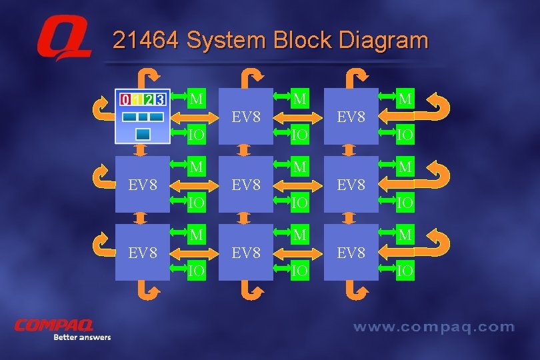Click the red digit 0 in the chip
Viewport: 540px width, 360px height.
tap(125, 100)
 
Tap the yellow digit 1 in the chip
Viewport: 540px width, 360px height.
tap(137, 100)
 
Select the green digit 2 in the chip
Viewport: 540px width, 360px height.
tap(148, 100)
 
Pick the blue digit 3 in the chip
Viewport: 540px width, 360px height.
tap(160, 100)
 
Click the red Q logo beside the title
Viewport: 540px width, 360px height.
tap(63, 41)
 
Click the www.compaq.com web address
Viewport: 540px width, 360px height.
tap(433, 327)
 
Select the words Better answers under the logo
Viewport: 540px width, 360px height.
tap(82, 337)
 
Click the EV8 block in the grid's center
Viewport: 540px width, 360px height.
tap(246, 183)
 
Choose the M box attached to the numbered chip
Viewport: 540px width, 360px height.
tap(196, 99)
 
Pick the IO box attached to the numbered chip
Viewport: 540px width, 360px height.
tap(196, 135)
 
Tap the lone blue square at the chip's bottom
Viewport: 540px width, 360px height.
tap(142, 134)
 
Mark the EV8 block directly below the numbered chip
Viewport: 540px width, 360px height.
tap(143, 183)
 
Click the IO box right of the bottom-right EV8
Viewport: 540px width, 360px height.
tap(405, 270)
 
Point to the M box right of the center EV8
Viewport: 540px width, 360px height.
tap(300, 166)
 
